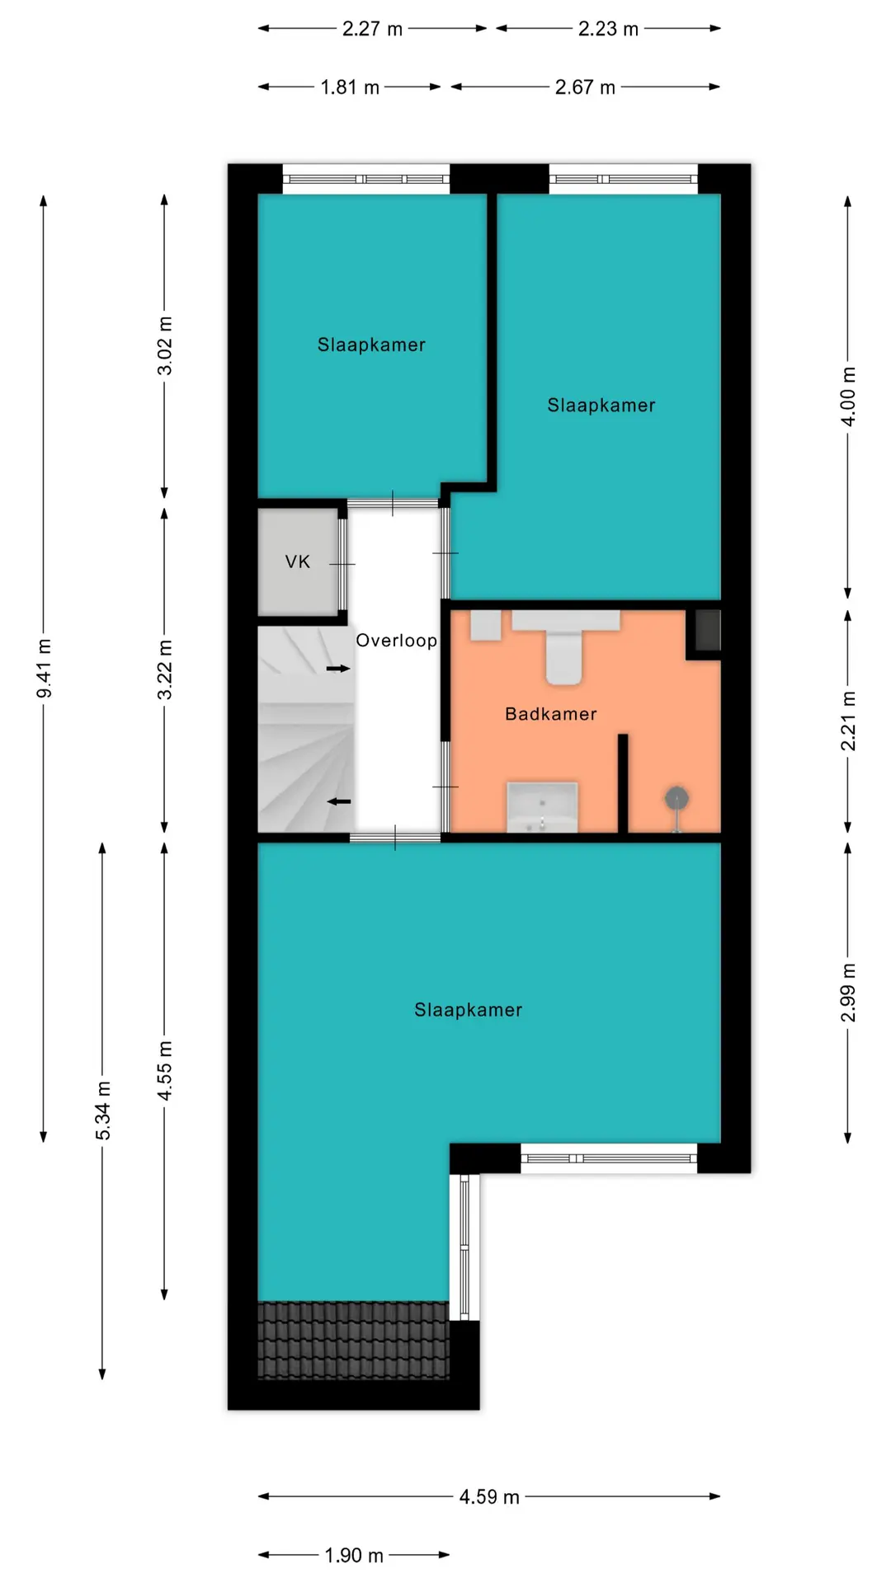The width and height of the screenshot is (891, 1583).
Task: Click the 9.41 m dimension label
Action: tap(44, 668)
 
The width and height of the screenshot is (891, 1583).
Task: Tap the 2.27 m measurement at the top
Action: tap(372, 29)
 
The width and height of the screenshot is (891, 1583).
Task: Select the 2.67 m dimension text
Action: tap(585, 87)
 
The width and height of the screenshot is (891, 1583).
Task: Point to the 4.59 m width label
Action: tap(489, 1496)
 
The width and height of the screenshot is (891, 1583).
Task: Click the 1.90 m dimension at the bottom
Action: tap(354, 1555)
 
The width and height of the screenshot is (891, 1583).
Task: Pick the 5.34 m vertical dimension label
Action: tap(102, 1111)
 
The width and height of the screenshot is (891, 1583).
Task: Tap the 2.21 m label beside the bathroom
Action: tap(848, 721)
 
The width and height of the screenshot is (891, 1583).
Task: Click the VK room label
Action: tap(298, 562)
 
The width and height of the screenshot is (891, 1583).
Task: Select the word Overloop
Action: tap(396, 641)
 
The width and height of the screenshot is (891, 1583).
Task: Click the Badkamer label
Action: tap(551, 714)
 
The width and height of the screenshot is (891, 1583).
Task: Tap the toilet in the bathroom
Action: tap(565, 646)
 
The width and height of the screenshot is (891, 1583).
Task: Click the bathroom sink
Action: tap(542, 807)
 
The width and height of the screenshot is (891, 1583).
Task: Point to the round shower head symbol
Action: tap(677, 798)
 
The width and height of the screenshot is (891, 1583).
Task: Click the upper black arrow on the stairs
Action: tap(338, 668)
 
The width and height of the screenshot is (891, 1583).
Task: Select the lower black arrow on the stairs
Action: tap(339, 801)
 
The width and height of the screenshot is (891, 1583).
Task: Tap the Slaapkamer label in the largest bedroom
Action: tap(468, 1010)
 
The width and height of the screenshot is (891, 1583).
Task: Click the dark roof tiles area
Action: tap(353, 1341)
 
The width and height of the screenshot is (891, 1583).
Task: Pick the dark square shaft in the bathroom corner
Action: tap(708, 630)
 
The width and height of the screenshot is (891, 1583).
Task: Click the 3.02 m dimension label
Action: tap(165, 345)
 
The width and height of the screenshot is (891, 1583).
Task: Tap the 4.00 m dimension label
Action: tap(848, 397)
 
